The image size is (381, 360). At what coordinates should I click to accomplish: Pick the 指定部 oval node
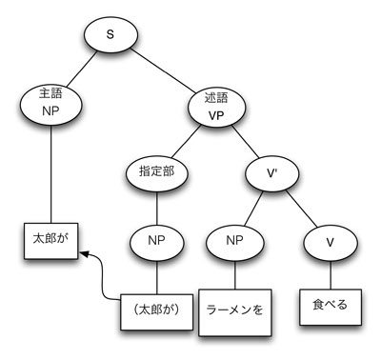point(153,173)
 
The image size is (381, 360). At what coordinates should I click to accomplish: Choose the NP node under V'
point(234,242)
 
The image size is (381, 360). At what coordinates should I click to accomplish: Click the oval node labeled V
point(329,242)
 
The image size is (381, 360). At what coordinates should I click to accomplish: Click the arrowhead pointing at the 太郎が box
point(85,254)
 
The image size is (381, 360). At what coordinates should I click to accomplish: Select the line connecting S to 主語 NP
point(82,69)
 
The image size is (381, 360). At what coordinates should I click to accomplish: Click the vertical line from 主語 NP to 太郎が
point(50,176)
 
